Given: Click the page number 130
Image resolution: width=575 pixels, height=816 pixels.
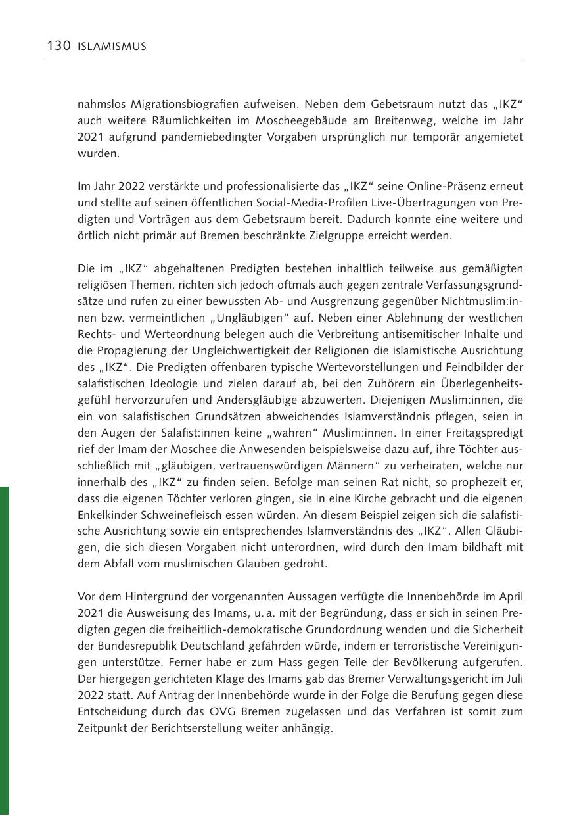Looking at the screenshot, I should (x=58, y=46).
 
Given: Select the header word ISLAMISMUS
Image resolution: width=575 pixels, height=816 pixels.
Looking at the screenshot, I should (x=112, y=47).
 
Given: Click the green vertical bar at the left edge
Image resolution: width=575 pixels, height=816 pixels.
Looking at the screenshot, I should (x=4, y=651).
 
